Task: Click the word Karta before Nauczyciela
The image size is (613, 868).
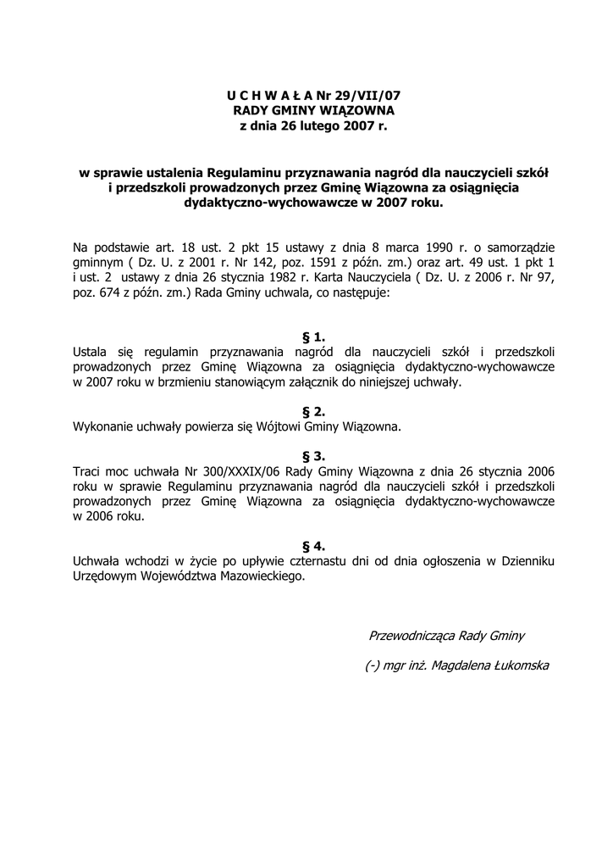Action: tap(314, 278)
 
